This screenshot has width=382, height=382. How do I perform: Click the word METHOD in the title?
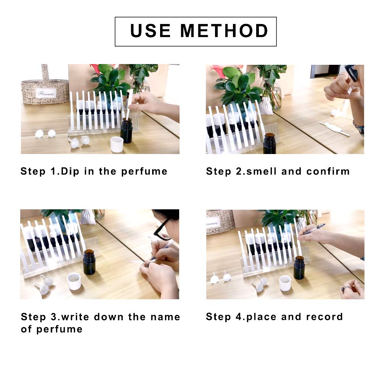click(224, 31)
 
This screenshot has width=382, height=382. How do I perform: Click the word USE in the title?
click(150, 31)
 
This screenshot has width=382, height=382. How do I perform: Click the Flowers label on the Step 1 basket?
click(46, 93)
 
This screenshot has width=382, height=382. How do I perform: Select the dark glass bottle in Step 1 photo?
click(126, 131)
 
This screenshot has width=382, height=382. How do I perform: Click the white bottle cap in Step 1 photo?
click(117, 144)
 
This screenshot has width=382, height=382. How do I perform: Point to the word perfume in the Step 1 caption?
click(144, 172)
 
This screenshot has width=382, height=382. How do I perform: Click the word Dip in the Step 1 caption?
click(70, 172)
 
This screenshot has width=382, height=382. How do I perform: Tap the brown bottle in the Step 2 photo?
click(270, 143)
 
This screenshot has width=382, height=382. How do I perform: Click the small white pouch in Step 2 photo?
click(266, 106)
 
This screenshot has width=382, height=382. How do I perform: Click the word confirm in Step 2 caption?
click(328, 171)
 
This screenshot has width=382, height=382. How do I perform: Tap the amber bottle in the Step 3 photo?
click(89, 262)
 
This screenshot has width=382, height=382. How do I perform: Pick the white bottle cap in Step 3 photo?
click(74, 281)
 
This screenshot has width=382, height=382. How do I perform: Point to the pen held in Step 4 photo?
click(312, 229)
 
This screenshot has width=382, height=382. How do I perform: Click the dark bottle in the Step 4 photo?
click(299, 268)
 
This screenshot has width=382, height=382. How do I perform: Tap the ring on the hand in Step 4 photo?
click(345, 289)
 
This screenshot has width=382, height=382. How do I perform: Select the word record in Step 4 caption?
click(324, 317)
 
